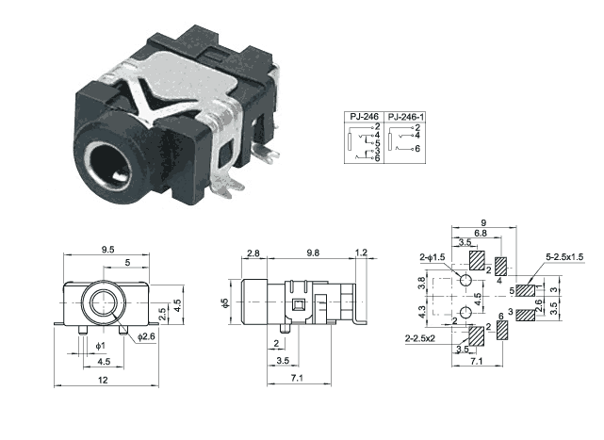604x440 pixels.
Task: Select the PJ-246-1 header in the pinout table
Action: [407, 116]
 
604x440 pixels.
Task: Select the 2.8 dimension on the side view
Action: [252, 253]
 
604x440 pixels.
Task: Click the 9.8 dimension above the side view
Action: [314, 253]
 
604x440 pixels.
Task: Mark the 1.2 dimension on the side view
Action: [363, 253]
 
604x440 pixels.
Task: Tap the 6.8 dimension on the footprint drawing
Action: [481, 233]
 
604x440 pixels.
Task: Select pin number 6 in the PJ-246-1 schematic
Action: [416, 149]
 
